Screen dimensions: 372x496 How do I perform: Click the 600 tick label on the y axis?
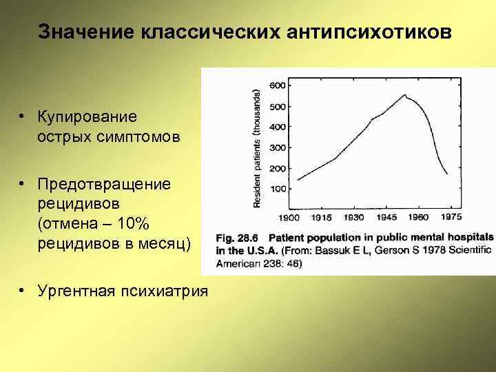[276, 85]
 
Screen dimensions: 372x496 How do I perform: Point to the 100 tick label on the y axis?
[276, 189]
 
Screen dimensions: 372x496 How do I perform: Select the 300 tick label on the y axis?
[276, 147]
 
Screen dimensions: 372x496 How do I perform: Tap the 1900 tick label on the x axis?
[289, 218]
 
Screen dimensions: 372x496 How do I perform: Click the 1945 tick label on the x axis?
[386, 218]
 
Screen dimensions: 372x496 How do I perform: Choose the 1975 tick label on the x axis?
[451, 217]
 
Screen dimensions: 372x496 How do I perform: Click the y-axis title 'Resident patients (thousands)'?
[257, 148]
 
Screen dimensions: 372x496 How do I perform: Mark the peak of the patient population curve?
[405, 94]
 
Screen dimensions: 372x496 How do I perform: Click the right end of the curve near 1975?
[447, 174]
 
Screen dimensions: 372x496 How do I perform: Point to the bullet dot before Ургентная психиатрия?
[23, 291]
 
